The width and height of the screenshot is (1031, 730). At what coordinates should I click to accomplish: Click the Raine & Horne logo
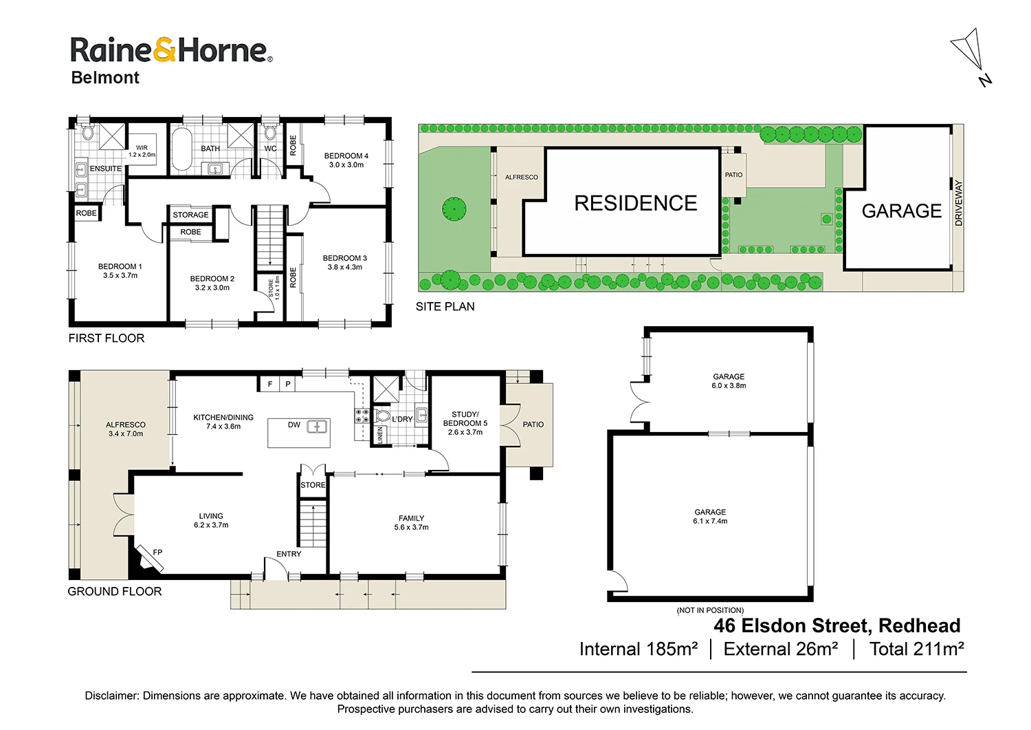[171, 51]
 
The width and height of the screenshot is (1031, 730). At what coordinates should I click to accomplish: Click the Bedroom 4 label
[346, 156]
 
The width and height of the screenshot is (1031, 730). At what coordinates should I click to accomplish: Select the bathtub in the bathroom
[181, 149]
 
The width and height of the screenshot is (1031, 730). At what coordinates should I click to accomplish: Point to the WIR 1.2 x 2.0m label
[142, 151]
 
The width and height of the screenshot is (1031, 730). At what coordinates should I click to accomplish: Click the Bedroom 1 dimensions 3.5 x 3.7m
[120, 276]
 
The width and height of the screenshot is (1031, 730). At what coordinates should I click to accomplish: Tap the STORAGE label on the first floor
[190, 215]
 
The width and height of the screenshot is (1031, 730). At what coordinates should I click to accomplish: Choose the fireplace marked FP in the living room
[150, 557]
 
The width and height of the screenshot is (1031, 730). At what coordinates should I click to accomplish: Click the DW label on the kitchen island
[294, 425]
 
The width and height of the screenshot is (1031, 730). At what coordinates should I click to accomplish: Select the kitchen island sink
[317, 427]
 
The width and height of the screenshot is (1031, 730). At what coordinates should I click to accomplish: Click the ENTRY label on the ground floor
[289, 554]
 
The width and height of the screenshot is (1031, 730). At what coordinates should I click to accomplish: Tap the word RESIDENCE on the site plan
[635, 204]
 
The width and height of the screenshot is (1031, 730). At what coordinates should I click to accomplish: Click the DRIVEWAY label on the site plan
[958, 203]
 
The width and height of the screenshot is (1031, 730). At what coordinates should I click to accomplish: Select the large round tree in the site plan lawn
[454, 208]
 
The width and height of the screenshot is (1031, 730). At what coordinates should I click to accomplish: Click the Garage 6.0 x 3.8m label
[729, 381]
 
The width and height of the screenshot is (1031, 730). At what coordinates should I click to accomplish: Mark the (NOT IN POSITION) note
[710, 610]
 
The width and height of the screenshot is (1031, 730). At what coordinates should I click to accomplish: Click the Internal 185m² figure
[639, 649]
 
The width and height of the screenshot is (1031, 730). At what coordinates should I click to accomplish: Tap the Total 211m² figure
[916, 649]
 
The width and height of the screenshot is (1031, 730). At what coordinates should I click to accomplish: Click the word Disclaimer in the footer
[111, 696]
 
